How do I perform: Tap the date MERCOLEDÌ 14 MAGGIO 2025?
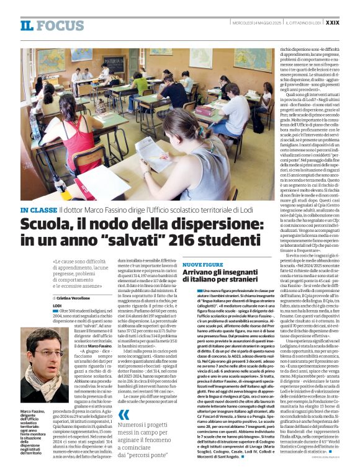(251, 23)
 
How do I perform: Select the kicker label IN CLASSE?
(39, 211)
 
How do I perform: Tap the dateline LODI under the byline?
(57, 306)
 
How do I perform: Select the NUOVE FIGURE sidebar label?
(202, 265)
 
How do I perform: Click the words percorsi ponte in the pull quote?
(150, 455)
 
